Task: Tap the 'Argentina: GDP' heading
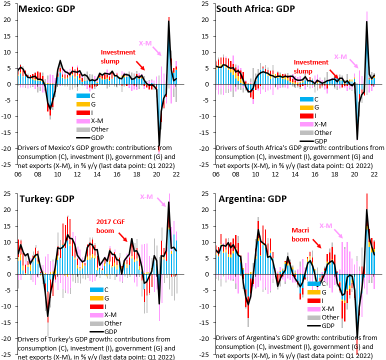252,199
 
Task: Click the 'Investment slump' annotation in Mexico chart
118,56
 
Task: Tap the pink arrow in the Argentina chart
338,233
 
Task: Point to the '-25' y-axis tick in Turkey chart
7,354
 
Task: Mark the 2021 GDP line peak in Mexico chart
168,20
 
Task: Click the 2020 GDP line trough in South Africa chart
357,139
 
